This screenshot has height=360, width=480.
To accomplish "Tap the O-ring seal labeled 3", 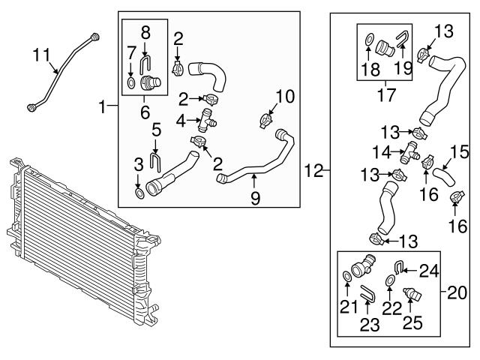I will click(139, 195).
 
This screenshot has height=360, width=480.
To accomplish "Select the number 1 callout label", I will click(103, 108).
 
